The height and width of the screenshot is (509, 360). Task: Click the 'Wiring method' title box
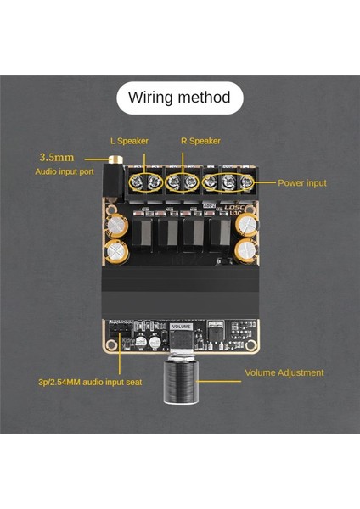click(x=179, y=98)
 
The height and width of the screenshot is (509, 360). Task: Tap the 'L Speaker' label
click(x=129, y=141)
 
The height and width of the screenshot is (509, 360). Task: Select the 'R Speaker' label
click(x=200, y=141)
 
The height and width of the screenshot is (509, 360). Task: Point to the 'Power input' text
click(x=301, y=182)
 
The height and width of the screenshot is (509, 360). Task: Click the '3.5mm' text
click(x=57, y=157)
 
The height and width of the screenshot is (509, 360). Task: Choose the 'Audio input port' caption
click(x=65, y=171)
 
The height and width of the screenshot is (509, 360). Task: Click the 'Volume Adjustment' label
click(x=284, y=372)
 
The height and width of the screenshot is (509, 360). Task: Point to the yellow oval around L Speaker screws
click(x=145, y=181)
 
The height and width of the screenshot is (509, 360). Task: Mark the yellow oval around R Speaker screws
click(x=183, y=181)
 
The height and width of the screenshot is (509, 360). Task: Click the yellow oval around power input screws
click(x=230, y=181)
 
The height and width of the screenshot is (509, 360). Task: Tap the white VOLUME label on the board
click(x=181, y=326)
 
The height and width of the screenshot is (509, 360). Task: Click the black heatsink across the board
click(x=180, y=292)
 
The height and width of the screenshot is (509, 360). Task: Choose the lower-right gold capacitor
click(x=246, y=250)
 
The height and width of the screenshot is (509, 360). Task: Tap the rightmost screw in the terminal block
click(x=248, y=181)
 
